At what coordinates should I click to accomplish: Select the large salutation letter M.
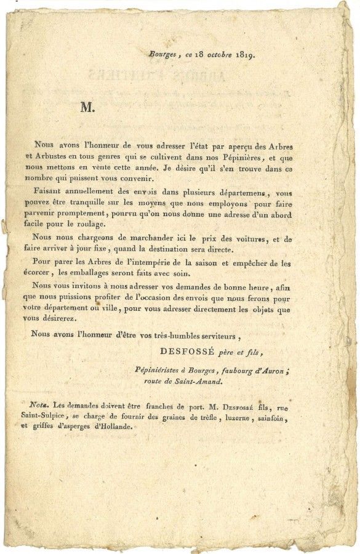coord(86,107)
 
